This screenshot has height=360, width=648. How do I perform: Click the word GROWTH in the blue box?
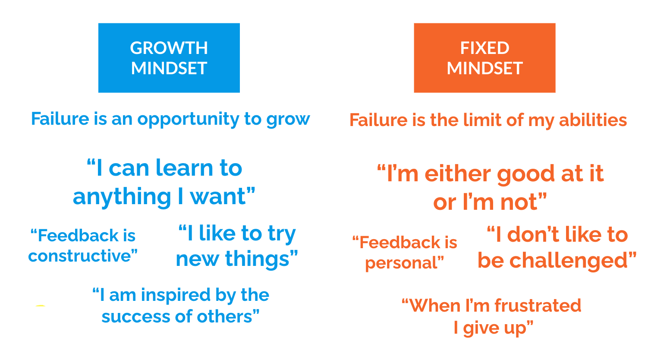169,48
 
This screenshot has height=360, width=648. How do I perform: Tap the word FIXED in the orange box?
484,48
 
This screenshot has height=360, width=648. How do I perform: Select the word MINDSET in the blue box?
169,68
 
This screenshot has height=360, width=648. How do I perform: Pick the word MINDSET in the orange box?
484,68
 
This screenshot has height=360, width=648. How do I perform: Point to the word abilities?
593,120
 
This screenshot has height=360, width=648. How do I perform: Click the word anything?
122,197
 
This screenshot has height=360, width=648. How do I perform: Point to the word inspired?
175,295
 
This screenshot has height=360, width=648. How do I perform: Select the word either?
457,174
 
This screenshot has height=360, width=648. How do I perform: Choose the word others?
226,317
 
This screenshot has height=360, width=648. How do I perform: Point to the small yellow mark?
40,306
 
